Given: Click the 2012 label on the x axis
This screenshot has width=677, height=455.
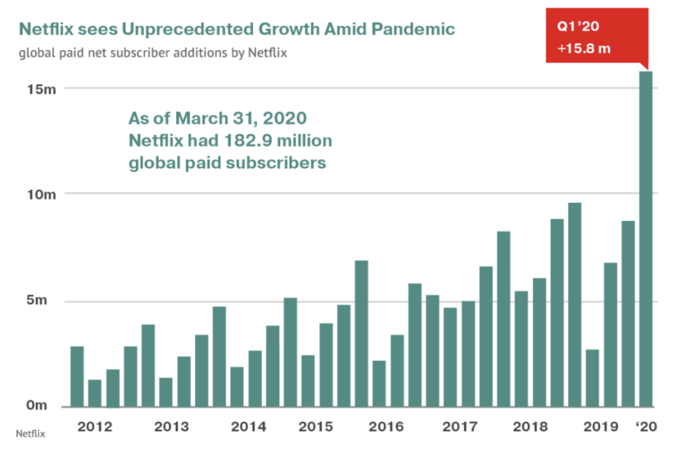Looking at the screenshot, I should point(94,427).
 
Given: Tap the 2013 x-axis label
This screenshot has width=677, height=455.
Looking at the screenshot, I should point(171,427).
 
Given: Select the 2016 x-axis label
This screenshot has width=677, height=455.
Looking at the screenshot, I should point(387,427).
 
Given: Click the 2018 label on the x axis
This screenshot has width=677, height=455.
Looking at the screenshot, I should point(530,427).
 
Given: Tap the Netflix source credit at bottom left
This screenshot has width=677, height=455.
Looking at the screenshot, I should point(30,433).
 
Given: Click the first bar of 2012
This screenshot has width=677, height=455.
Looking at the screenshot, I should point(77,376).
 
